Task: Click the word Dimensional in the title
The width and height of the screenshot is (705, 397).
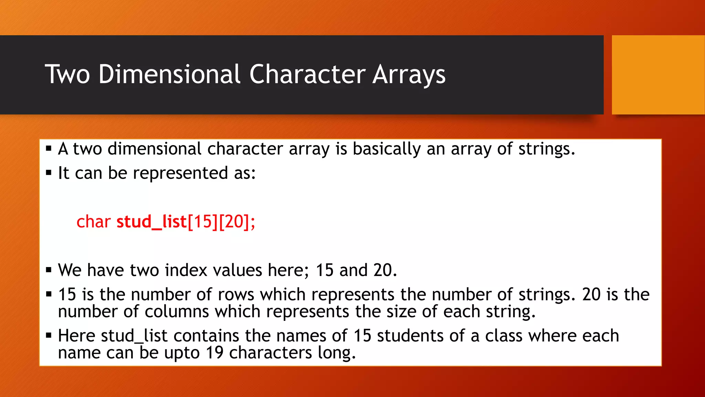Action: coord(169,74)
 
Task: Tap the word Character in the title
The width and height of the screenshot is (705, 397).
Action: coord(307,74)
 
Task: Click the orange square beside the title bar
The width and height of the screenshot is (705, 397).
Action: coord(658,74)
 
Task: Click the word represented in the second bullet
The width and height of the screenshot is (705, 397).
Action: coord(180,173)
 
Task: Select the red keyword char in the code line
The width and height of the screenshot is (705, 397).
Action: coord(93,222)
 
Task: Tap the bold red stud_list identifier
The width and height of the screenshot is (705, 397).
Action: coord(151,222)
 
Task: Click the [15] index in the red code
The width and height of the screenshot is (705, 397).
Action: coord(203,222)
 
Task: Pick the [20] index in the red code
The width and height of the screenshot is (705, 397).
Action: coord(234,222)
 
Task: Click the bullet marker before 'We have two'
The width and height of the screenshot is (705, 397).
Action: coord(49,270)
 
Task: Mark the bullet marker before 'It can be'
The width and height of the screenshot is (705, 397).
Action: coord(49,172)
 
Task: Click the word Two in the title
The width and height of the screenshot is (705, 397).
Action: coord(67,74)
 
